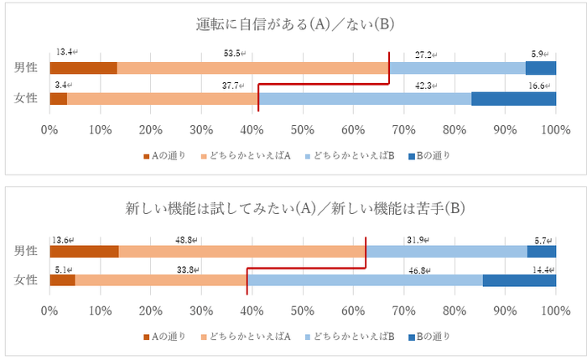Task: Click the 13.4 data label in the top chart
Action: tap(64, 52)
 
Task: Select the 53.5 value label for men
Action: tap(228, 52)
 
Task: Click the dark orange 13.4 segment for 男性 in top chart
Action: tap(83, 68)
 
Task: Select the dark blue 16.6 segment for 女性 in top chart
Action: tap(513, 99)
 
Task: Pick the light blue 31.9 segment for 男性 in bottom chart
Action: tap(446, 250)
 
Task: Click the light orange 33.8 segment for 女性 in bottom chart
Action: tap(160, 279)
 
